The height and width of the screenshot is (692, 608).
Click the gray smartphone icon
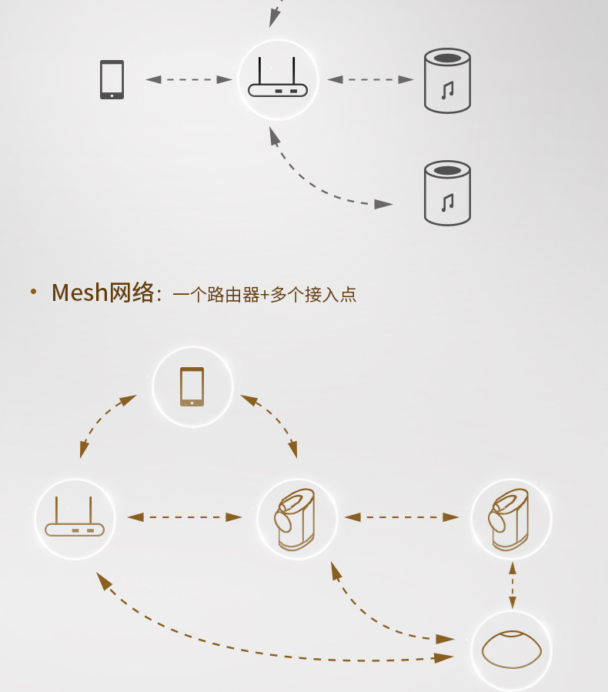(112, 79)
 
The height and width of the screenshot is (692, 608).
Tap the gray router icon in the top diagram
(277, 80)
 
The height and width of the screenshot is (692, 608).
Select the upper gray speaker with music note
(447, 81)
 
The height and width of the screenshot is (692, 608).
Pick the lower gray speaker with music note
(447, 192)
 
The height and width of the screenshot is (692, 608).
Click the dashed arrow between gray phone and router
(189, 79)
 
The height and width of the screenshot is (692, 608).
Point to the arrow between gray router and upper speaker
(370, 79)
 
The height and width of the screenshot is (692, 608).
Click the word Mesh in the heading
(80, 293)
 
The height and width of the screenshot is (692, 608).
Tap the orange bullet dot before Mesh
(33, 293)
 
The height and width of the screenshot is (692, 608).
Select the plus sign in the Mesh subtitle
(264, 295)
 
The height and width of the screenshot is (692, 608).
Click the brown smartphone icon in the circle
(192, 386)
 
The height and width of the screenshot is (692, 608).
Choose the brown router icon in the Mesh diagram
(75, 517)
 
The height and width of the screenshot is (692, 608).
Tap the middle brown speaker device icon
(296, 519)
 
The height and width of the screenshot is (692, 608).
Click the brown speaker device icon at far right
(510, 519)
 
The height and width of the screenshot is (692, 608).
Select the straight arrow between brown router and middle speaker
(185, 517)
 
